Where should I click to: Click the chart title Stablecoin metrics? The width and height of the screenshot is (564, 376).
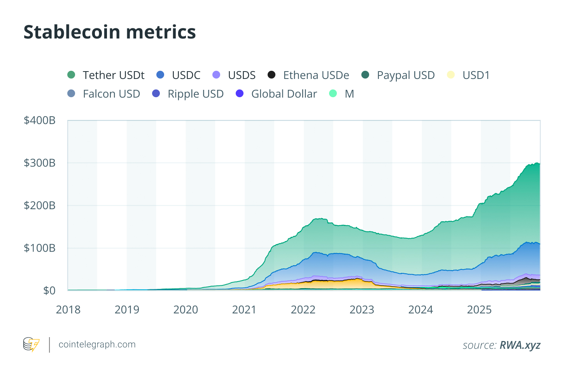point(109,32)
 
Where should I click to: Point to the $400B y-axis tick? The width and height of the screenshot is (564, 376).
point(40,121)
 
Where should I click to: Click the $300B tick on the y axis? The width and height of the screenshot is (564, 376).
point(40,163)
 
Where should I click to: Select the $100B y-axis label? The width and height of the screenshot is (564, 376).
point(40,248)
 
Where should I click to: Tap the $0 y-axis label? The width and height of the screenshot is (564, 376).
point(49,290)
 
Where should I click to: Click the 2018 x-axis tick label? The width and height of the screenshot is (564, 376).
point(68,310)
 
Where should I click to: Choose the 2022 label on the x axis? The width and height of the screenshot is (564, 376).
point(303,310)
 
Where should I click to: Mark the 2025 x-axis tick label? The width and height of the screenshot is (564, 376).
point(479,310)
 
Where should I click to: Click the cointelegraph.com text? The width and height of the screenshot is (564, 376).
point(97,345)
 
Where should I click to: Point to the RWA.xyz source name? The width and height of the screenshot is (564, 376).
point(520,345)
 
